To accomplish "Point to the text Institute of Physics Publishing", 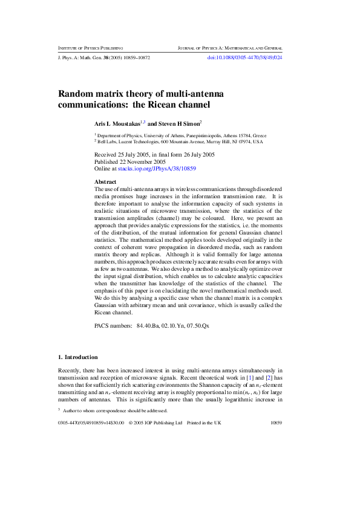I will (90, 47).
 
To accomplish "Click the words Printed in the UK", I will (204, 423).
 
